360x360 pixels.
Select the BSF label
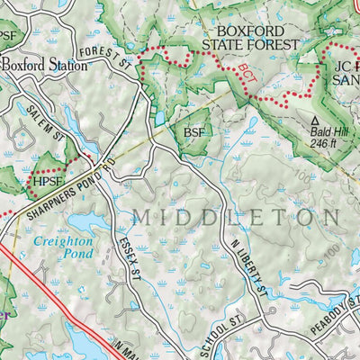194,132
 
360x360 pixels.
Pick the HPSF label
49,180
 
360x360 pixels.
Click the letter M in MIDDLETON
141,218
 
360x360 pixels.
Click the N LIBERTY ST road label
248,269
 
